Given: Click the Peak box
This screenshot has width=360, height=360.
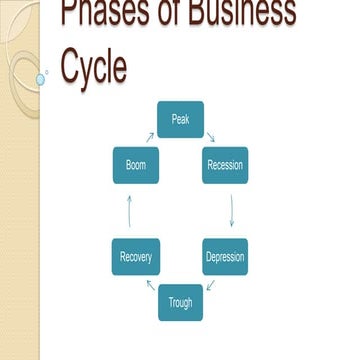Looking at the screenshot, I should click(x=180, y=119).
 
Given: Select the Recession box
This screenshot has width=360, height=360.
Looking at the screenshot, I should click(x=225, y=165).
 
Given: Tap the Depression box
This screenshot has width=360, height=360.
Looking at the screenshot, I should click(x=225, y=257).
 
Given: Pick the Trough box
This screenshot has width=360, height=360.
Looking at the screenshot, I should click(x=180, y=302).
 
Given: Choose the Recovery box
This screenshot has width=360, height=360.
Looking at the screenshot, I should click(x=135, y=257).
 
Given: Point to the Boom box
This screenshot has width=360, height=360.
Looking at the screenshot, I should click(x=135, y=165).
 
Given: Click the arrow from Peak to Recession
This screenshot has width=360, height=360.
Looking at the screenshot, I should click(x=210, y=137).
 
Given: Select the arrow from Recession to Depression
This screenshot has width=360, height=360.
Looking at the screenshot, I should click(x=231, y=211).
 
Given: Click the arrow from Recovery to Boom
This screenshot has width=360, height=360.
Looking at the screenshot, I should click(x=129, y=211).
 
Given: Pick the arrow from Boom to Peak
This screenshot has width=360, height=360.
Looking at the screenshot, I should click(x=150, y=136).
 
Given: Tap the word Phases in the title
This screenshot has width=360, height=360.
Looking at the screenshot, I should click(x=101, y=14).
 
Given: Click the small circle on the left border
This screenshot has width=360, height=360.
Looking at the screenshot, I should click(x=41, y=78).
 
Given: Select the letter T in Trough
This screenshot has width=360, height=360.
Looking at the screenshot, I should click(x=169, y=302).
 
